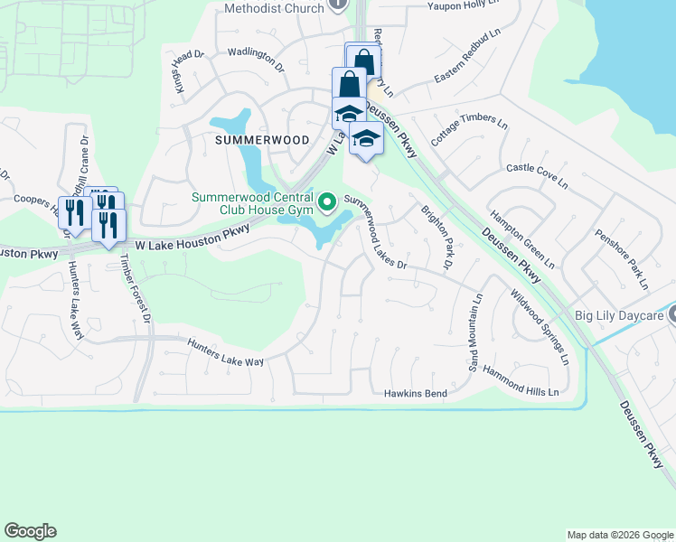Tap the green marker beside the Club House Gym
tap(327, 200)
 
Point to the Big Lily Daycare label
tap(620, 315)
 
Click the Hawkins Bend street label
tap(416, 394)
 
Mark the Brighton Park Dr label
tap(437, 237)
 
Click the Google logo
tap(30, 531)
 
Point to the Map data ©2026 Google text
tap(619, 535)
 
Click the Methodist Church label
tap(272, 8)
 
